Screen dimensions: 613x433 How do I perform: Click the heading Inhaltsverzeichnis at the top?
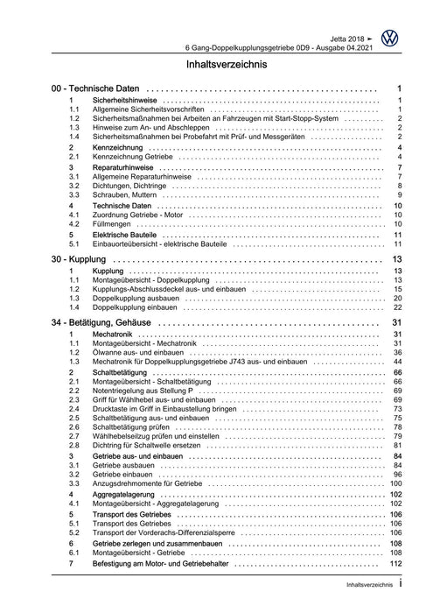[216, 65]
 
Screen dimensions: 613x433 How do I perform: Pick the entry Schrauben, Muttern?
[125, 194]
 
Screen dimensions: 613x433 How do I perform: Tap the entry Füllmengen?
[112, 225]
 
